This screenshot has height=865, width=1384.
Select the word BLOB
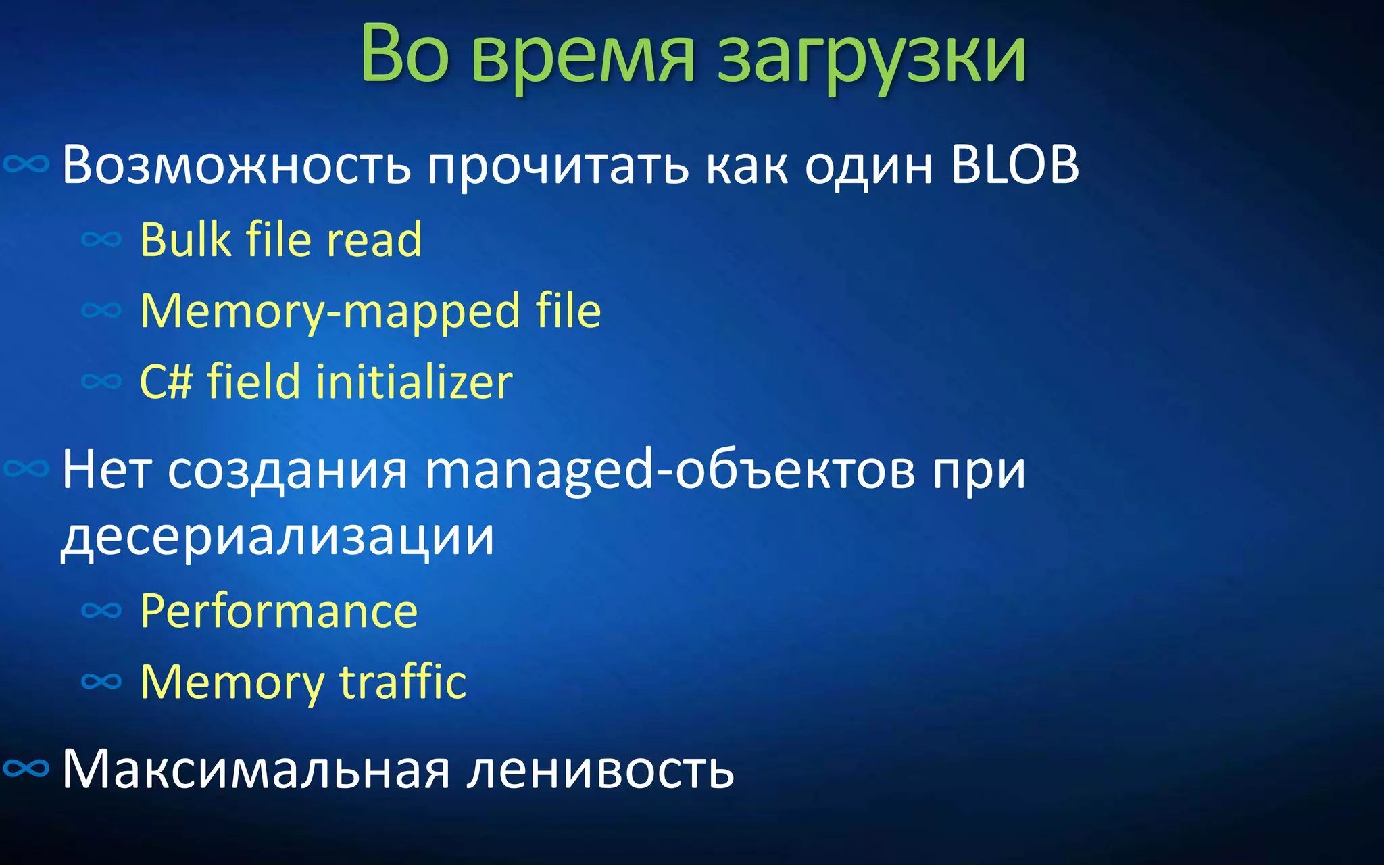point(1015,165)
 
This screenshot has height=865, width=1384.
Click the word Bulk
point(185,239)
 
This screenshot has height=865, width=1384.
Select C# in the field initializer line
point(166,382)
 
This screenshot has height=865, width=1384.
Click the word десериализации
point(278,537)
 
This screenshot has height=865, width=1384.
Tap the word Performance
point(279,612)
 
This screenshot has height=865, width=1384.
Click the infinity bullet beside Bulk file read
point(101,239)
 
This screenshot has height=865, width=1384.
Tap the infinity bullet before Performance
point(101,611)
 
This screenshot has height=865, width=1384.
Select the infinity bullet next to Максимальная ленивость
point(26,768)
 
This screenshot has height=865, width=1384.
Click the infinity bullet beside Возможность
point(26,164)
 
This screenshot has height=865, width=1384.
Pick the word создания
point(288,470)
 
